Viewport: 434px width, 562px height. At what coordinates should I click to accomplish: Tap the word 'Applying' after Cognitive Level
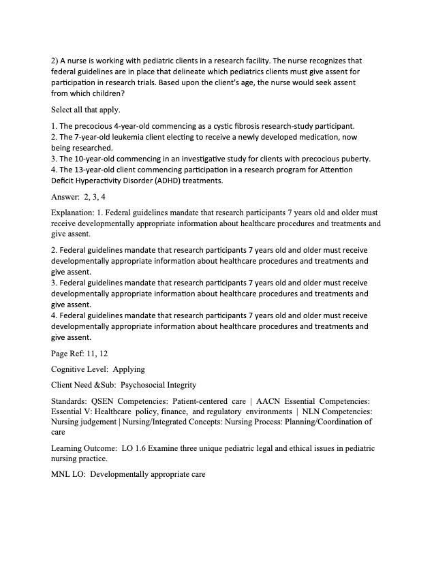(129, 369)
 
